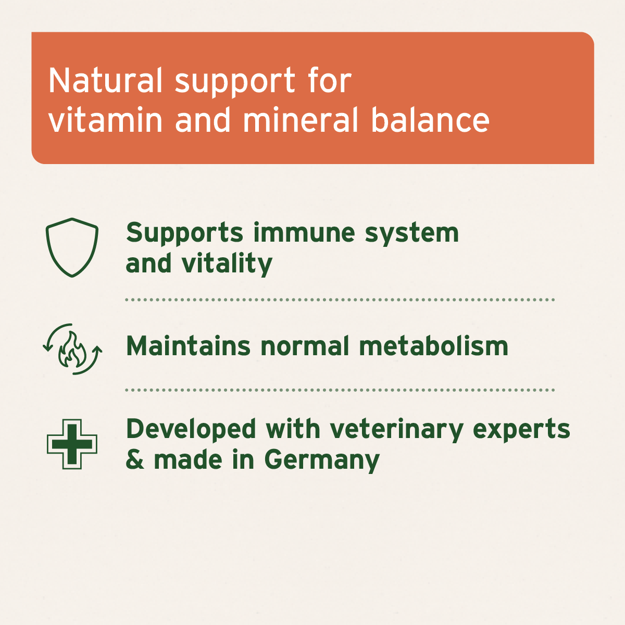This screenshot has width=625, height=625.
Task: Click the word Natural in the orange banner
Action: pyautogui.click(x=106, y=81)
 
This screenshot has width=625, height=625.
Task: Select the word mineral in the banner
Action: pyautogui.click(x=301, y=120)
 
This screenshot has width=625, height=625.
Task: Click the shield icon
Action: pyautogui.click(x=72, y=247)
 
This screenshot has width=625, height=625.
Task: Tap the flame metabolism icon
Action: pyautogui.click(x=72, y=348)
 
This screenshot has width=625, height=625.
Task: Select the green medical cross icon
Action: pyautogui.click(x=72, y=444)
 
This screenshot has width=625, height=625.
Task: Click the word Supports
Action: pyautogui.click(x=184, y=233)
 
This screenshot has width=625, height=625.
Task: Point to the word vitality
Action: pyautogui.click(x=227, y=264)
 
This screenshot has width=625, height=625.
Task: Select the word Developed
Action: pyautogui.click(x=191, y=430)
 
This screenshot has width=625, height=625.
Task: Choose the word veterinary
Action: pyautogui.click(x=396, y=430)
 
